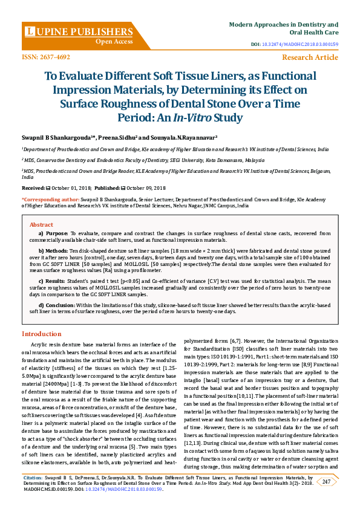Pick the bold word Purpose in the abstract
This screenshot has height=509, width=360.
point(57,233)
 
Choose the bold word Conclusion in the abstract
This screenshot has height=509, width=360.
point(61,305)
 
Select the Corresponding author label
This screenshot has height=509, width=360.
point(51,198)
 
